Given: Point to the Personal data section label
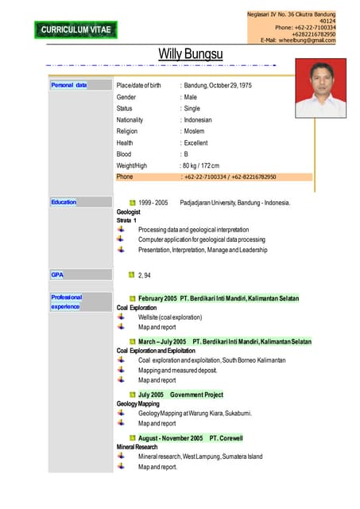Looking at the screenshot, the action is coord(68,84).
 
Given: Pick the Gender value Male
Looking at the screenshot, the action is coord(190,96).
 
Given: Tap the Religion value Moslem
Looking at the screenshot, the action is coord(195,131).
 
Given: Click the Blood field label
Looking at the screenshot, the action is coord(124,154).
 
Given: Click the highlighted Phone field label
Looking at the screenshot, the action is coord(125,177).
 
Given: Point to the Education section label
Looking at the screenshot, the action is coord(64,202).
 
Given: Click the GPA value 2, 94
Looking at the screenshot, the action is coord(145,275).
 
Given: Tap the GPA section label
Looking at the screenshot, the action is coord(57,274).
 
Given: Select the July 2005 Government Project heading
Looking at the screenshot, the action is coord(180,394).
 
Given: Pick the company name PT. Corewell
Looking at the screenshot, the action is coord(226,438).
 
